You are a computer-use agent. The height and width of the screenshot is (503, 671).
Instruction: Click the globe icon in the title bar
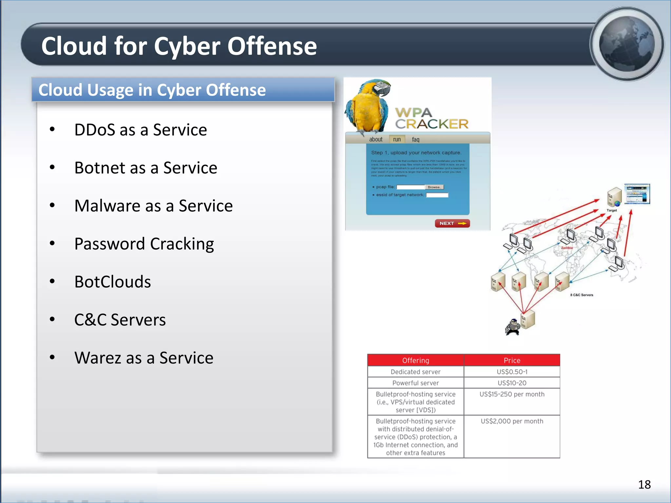pos(626,44)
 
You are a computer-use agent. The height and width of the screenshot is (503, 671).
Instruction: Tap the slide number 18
pos(644,484)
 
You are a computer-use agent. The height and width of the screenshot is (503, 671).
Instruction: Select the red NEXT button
pos(452,223)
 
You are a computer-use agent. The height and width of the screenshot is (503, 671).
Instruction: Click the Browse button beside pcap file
pos(434,187)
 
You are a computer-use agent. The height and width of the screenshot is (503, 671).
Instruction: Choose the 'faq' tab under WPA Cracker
pos(415,140)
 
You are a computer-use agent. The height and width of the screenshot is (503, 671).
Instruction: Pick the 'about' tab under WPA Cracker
pos(375,140)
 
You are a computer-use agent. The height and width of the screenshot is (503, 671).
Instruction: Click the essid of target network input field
pos(437,195)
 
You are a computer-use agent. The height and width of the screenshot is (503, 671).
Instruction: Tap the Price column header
pos(512,360)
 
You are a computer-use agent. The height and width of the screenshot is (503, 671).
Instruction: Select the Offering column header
pos(415,360)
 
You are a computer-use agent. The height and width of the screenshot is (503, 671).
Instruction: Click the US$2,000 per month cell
pos(512,421)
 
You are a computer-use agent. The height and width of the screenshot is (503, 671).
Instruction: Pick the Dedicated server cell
pos(415,372)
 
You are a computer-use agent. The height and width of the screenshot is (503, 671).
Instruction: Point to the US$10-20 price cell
pos(512,383)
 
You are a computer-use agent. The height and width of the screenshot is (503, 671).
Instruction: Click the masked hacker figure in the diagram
pos(512,327)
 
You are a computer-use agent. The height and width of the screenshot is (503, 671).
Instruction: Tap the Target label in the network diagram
pos(611,210)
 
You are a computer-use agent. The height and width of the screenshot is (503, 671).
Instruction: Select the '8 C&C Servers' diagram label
pos(582,295)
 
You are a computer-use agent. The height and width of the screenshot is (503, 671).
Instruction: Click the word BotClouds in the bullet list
pos(112,282)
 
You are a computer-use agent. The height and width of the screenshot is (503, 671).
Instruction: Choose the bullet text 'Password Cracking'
pos(144,244)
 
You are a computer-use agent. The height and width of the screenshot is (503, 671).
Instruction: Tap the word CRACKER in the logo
pos(432,124)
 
